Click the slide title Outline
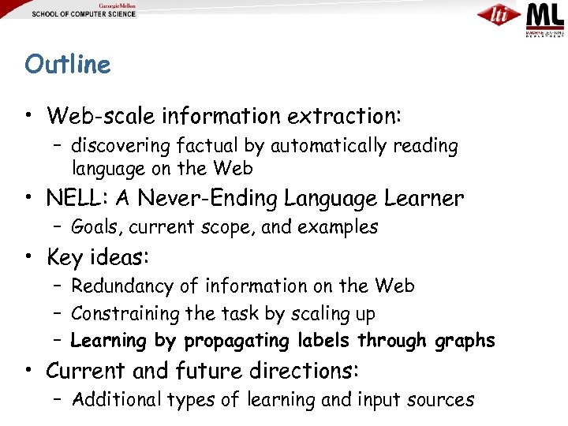(68, 64)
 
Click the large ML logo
(545, 16)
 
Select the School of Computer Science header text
(84, 14)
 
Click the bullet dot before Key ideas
(28, 258)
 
